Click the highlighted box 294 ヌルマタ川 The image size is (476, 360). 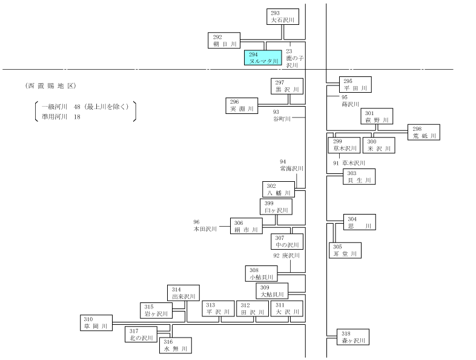click(x=263, y=58)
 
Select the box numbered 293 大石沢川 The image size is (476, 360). click(x=283, y=17)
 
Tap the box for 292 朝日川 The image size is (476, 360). click(x=224, y=41)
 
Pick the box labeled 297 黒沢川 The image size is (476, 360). click(x=287, y=86)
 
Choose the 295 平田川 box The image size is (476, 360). click(x=355, y=84)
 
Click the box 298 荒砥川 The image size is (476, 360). click(x=424, y=132)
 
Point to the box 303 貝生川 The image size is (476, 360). click(x=359, y=177)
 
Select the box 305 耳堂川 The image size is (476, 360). click(x=345, y=250)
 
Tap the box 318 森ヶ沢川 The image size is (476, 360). click(x=353, y=337)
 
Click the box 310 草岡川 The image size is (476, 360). click(x=96, y=322)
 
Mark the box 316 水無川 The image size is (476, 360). click(x=176, y=345)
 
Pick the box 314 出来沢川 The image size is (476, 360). click(x=183, y=293)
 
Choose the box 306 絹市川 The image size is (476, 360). click(x=246, y=226)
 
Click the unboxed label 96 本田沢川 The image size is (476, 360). click(x=205, y=225)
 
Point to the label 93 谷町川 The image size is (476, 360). click(x=282, y=115)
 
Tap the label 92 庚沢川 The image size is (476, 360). click(x=286, y=256)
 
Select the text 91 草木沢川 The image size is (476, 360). click(x=349, y=163)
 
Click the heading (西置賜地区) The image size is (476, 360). click(x=51, y=86)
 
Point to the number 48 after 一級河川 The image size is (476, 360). click(x=77, y=107)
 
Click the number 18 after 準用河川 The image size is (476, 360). click(x=77, y=117)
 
